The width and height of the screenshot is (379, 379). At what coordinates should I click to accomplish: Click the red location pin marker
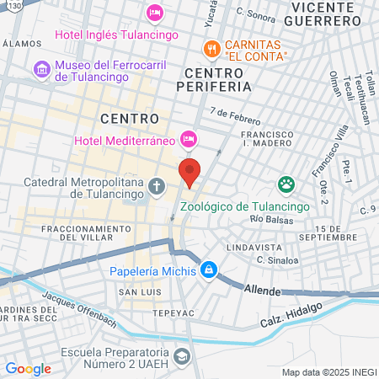(190, 171)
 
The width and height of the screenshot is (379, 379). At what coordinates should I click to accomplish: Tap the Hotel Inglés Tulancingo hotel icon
(154, 12)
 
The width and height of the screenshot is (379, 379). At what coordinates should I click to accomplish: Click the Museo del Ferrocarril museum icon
(40, 67)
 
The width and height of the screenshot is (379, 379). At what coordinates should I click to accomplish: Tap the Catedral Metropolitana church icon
(156, 186)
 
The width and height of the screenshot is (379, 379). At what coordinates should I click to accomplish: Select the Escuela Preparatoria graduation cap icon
(181, 357)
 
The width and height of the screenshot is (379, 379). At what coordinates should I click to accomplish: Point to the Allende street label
(261, 289)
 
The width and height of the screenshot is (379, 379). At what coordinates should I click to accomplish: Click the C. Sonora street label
(257, 13)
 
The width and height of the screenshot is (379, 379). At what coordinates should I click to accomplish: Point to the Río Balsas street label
(269, 219)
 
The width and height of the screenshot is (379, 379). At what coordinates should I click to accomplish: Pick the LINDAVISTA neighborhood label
(254, 248)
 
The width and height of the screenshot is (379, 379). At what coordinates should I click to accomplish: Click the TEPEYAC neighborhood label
(150, 311)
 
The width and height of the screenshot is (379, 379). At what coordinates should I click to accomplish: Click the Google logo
(28, 368)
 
